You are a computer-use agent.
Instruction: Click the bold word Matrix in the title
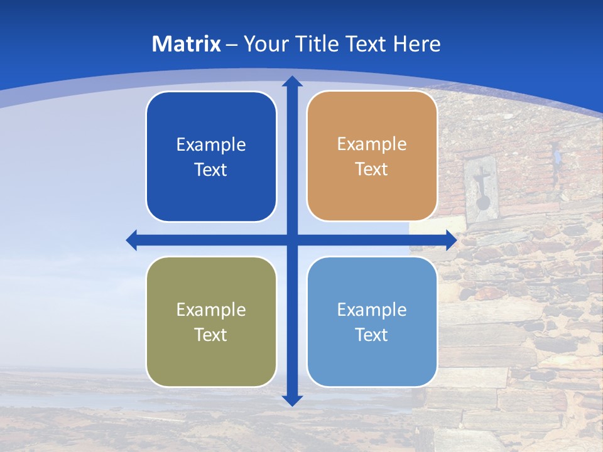click(187, 44)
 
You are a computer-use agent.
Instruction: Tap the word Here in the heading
click(416, 44)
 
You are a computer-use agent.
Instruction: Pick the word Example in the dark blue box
click(211, 145)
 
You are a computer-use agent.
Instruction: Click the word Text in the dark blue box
click(211, 170)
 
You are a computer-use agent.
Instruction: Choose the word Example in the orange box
click(372, 144)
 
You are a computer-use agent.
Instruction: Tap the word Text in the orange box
click(372, 169)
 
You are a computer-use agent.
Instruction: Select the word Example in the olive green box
click(211, 310)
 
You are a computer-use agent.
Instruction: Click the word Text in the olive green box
click(211, 335)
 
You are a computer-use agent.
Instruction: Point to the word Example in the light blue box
click(372, 310)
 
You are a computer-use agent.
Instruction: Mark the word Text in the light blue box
click(372, 335)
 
